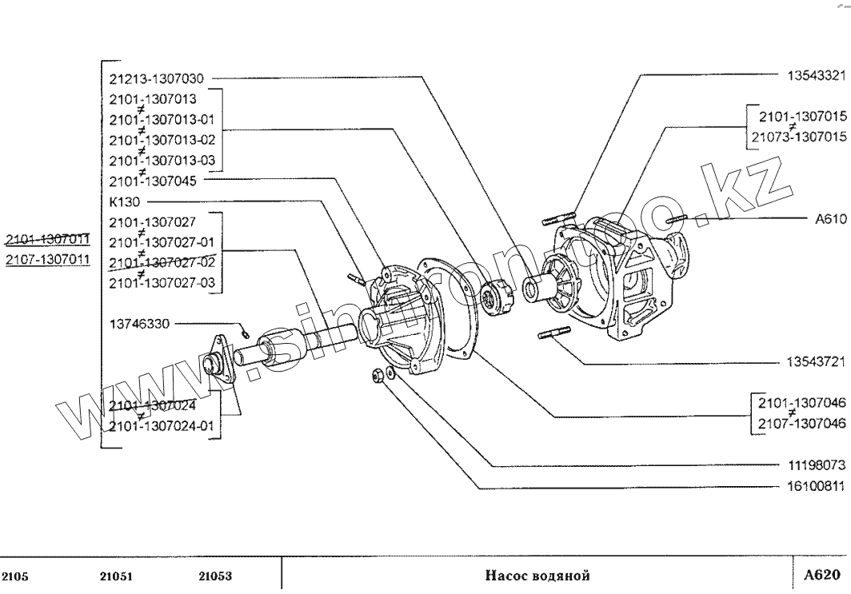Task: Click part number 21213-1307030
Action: pyautogui.click(x=156, y=78)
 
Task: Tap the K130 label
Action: pyautogui.click(x=122, y=201)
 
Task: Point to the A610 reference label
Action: pyautogui.click(x=829, y=217)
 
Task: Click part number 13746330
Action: pyautogui.click(x=139, y=324)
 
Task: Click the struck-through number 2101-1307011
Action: pyautogui.click(x=47, y=239)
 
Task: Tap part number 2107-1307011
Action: pyautogui.click(x=47, y=260)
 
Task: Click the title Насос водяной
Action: pyautogui.click(x=537, y=575)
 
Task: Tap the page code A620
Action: pyautogui.click(x=822, y=574)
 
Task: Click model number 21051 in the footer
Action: pyautogui.click(x=116, y=576)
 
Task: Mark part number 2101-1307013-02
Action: pyautogui.click(x=162, y=139)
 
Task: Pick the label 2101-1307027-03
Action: pyautogui.click(x=162, y=283)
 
